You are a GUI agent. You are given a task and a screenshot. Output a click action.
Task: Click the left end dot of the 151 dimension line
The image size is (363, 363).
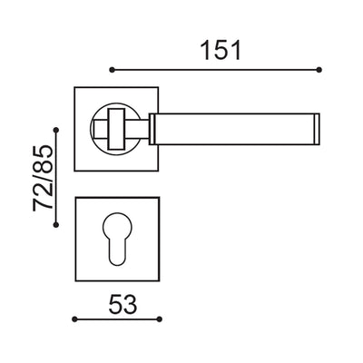(111, 69)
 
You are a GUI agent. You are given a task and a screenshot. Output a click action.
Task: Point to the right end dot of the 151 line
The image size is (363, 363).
(321, 69)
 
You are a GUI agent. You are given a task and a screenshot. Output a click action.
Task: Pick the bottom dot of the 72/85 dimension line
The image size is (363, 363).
(58, 229)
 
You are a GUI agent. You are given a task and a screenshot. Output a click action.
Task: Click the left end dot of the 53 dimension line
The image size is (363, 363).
(74, 319)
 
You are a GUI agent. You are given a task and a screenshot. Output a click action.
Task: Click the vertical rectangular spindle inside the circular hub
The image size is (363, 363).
(118, 127)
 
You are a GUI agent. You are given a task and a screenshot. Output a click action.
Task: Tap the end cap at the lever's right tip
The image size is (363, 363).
(319, 127)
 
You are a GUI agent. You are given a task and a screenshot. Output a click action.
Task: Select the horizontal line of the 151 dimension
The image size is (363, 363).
(216, 69)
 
